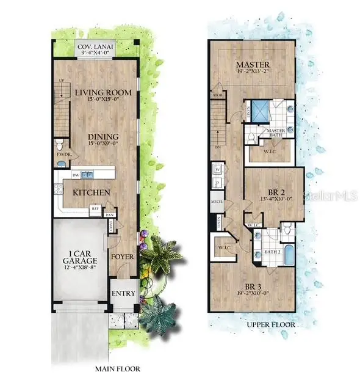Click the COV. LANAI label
[96, 46]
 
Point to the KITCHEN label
[92, 192]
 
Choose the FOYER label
[121, 256]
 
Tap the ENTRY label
[123, 293]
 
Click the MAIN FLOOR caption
[117, 369]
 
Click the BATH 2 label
[272, 251]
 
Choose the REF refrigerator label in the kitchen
[95, 208]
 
